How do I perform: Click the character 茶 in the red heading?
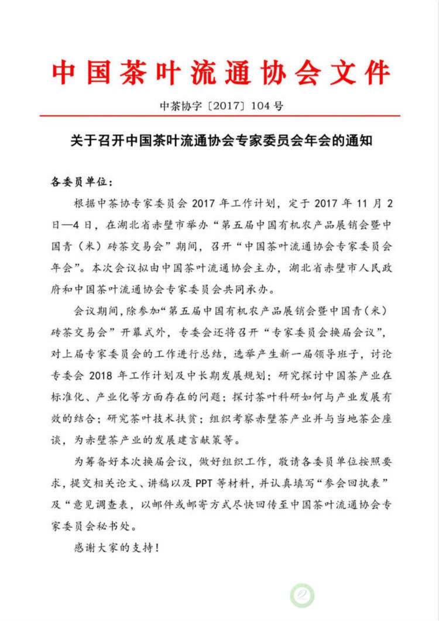click(145, 73)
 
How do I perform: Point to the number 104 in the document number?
click(261, 105)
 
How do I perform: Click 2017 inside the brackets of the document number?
click(223, 105)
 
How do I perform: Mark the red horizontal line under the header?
click(220, 116)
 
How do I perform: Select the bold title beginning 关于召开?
click(220, 141)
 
